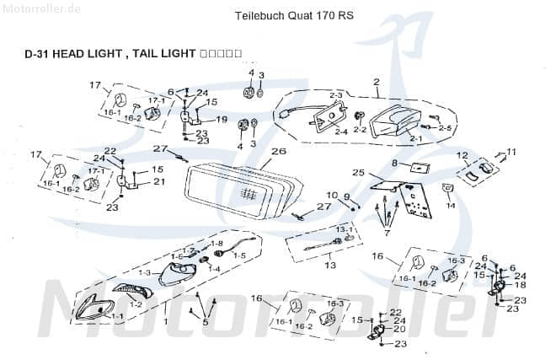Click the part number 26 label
[x=279, y=152]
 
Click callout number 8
[x=393, y=162]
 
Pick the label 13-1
[x=346, y=229]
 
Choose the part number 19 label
[x=222, y=120]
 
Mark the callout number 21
[x=159, y=181]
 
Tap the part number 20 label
[x=399, y=329]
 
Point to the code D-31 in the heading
[x=37, y=53]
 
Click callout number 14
[x=451, y=206]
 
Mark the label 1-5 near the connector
[x=239, y=255]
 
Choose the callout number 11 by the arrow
[x=511, y=152]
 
